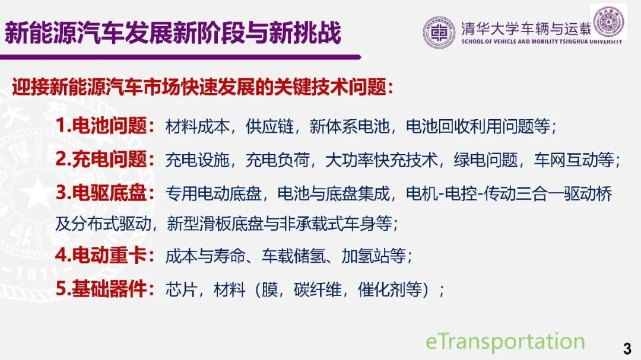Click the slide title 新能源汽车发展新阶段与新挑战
tap(173, 32)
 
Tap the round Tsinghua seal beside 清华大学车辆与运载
tap(439, 32)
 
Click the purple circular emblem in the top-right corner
tap(609, 22)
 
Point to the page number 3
tap(627, 348)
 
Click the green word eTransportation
tap(505, 341)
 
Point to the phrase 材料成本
tap(198, 126)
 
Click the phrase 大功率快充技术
tap(382, 160)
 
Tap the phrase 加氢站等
tap(374, 256)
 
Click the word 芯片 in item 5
tap(182, 289)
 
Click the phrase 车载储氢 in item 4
tap(294, 256)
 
